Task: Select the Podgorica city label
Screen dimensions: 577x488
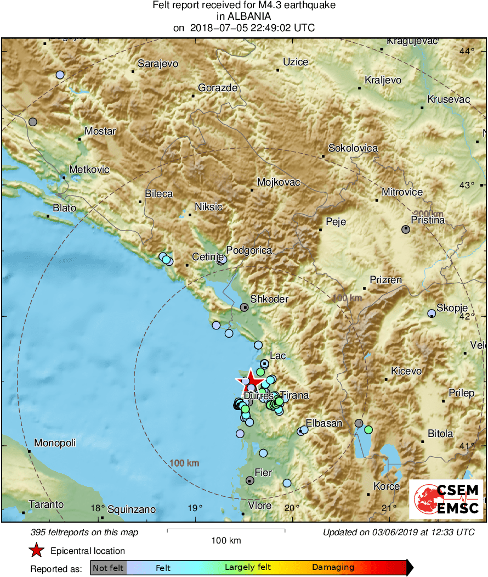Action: (x=249, y=250)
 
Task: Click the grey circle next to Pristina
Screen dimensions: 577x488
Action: (x=406, y=229)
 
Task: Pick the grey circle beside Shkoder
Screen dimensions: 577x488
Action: (x=245, y=307)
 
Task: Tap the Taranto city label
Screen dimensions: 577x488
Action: (x=47, y=505)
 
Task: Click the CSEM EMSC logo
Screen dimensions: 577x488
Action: (x=446, y=499)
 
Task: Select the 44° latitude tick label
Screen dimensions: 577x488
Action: (x=467, y=51)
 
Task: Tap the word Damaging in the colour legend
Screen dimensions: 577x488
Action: (x=333, y=567)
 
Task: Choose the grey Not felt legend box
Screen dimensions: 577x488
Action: (x=108, y=567)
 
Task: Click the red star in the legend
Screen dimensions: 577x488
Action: (x=36, y=550)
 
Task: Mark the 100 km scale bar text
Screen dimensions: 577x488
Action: (x=226, y=540)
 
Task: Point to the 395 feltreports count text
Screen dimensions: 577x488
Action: (x=85, y=532)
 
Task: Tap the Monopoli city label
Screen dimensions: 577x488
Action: (x=55, y=443)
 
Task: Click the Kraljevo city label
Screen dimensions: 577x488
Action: (x=383, y=80)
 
